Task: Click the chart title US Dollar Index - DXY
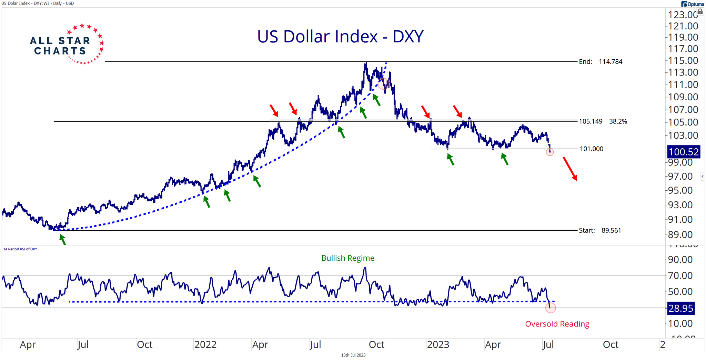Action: tap(340, 37)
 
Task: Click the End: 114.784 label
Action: tap(601, 62)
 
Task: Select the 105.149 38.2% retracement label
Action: tap(603, 121)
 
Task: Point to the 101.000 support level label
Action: tap(592, 149)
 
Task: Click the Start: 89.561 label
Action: tap(600, 230)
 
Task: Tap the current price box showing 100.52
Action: tap(683, 152)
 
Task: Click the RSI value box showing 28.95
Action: tap(680, 308)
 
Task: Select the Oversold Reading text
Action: tap(557, 324)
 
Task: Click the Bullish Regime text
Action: tap(347, 258)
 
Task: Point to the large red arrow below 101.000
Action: tap(570, 169)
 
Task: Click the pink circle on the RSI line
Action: tap(551, 308)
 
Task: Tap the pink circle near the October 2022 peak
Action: tap(383, 84)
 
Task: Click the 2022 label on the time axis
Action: tap(205, 344)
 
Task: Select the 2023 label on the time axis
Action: tap(438, 344)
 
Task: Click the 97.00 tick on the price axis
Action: tap(680, 177)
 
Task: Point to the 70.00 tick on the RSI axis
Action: tap(680, 276)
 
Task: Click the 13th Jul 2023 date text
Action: tap(353, 355)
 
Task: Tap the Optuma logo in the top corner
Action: tap(693, 4)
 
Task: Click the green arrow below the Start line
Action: tap(62, 239)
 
